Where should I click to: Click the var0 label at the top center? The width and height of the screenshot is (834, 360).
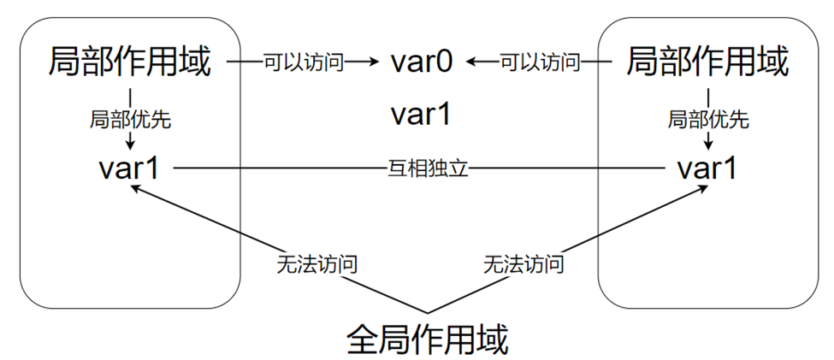click(x=421, y=62)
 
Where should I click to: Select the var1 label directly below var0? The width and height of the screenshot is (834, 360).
click(x=421, y=115)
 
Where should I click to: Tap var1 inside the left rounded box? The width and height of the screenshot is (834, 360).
click(x=128, y=168)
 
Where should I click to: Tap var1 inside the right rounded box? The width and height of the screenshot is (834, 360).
click(x=707, y=168)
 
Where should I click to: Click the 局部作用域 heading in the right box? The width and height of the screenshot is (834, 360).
click(x=707, y=62)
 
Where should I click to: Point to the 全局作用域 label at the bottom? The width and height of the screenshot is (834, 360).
click(x=428, y=339)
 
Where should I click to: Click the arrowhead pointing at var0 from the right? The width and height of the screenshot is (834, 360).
click(x=472, y=62)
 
